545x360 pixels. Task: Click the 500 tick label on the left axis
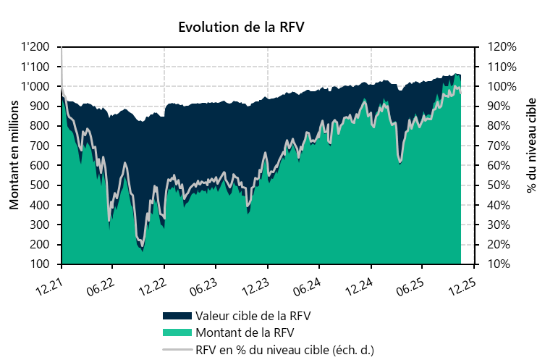coord(41,185)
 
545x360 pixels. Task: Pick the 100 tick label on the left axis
coord(41,264)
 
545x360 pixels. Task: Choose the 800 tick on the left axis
coord(41,126)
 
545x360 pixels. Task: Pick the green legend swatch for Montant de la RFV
coord(177,333)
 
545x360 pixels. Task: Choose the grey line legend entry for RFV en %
coord(177,349)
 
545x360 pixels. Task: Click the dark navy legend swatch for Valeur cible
coord(177,317)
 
